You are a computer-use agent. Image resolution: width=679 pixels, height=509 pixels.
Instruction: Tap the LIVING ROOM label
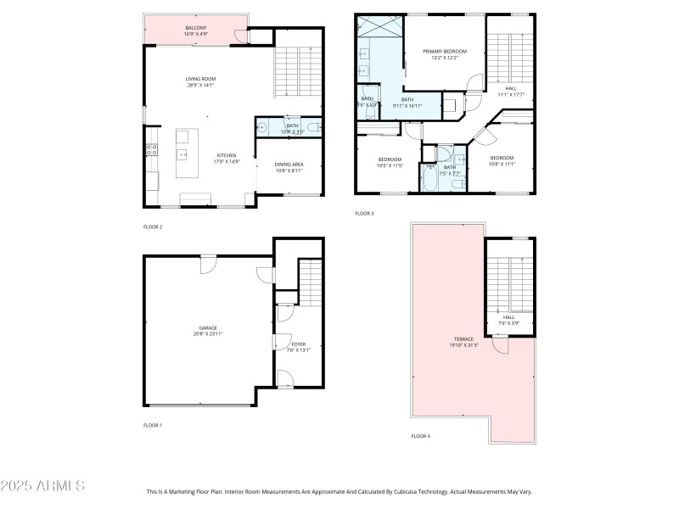coord(200,79)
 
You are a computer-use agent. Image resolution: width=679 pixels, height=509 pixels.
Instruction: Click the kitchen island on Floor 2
coord(182,153)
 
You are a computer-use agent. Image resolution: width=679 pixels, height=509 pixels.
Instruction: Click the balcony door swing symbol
coord(242,36)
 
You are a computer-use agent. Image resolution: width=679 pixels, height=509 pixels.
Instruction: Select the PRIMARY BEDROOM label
coord(445,51)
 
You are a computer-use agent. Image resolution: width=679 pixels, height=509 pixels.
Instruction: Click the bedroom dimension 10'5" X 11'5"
coord(390,165)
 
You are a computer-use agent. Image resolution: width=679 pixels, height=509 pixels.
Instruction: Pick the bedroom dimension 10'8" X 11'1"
coord(501,163)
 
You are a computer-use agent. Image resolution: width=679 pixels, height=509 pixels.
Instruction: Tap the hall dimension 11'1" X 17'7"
coord(509,94)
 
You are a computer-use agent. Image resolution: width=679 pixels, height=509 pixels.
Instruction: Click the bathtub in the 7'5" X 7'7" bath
coord(429,179)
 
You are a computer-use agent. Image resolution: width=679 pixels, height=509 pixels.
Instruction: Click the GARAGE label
coord(208,327)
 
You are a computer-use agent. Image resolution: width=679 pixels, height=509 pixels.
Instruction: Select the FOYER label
coord(299,344)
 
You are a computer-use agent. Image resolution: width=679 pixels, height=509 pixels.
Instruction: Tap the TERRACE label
coord(463,339)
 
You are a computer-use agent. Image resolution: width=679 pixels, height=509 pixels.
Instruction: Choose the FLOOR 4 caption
coord(420,436)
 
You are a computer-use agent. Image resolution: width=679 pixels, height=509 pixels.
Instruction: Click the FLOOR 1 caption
coord(153,424)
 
